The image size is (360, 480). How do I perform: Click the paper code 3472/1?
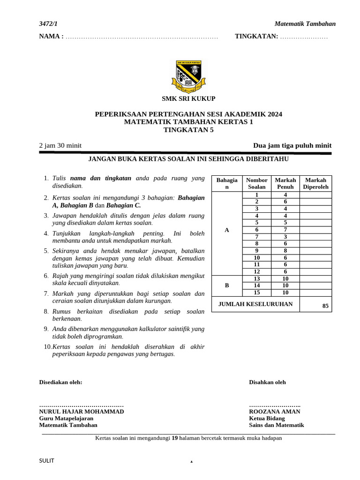(x=48, y=24)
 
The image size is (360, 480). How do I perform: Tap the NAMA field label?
(x=51, y=36)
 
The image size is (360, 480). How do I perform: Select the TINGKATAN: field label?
(x=256, y=36)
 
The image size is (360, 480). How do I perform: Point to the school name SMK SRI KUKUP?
(x=188, y=98)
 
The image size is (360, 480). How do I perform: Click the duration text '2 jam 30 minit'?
(x=60, y=145)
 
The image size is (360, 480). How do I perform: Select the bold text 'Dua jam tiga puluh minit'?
(x=292, y=145)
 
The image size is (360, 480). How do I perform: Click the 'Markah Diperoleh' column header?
(x=315, y=183)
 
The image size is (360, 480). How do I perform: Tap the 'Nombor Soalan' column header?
(x=256, y=183)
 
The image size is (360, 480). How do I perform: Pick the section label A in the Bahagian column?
(x=227, y=230)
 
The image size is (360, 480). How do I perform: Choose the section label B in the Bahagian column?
(x=227, y=285)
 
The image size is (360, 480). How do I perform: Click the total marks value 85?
(x=325, y=306)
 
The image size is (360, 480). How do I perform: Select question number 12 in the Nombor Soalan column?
(x=256, y=271)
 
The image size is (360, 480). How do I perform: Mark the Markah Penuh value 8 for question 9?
(x=285, y=251)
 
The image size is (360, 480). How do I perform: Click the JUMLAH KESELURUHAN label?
(x=255, y=304)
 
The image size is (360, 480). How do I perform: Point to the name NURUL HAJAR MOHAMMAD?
(x=82, y=412)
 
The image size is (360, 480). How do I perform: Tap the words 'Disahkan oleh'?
(x=267, y=382)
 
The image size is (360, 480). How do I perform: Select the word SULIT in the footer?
(x=46, y=460)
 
